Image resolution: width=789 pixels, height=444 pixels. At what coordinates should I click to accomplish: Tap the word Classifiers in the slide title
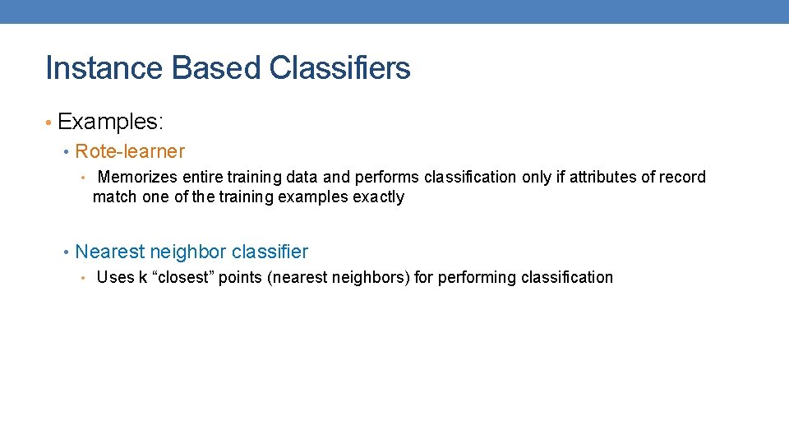click(339, 68)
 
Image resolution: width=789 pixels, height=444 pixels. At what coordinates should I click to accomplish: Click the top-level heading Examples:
click(111, 122)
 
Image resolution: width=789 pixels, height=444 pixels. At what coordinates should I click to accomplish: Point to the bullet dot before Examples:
click(49, 123)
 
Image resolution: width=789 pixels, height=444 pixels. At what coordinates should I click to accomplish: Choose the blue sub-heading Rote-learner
click(130, 151)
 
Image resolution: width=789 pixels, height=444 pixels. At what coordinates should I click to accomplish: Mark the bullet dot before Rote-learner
click(67, 152)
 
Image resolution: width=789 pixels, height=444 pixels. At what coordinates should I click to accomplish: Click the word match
click(113, 197)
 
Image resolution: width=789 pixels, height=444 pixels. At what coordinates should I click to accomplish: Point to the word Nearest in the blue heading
click(109, 252)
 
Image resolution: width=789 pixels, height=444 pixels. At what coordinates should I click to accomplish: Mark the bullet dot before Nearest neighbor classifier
click(67, 252)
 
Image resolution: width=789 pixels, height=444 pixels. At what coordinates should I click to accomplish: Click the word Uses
click(115, 277)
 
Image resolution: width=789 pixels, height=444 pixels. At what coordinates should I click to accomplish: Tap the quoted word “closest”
click(183, 277)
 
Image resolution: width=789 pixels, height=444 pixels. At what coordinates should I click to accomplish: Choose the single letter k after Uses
click(143, 277)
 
